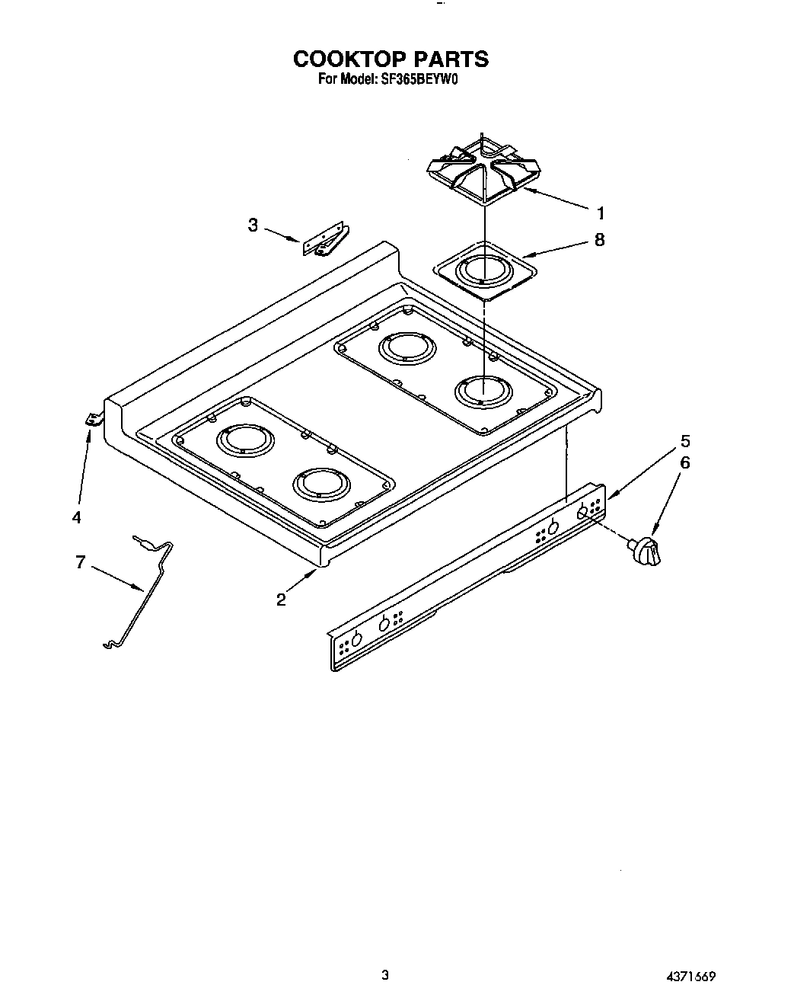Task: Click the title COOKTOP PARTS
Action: pyautogui.click(x=391, y=59)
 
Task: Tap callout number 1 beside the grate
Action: pyautogui.click(x=600, y=213)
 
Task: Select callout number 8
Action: pyautogui.click(x=600, y=240)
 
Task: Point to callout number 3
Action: pyautogui.click(x=253, y=225)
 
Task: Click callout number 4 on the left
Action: pyautogui.click(x=76, y=518)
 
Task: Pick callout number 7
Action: pyautogui.click(x=80, y=563)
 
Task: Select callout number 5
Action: pyautogui.click(x=685, y=441)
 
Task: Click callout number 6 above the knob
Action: pyautogui.click(x=685, y=462)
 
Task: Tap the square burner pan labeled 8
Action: pyautogui.click(x=485, y=270)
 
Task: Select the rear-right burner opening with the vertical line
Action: pyautogui.click(x=483, y=392)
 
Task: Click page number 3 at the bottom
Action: pyautogui.click(x=385, y=974)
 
